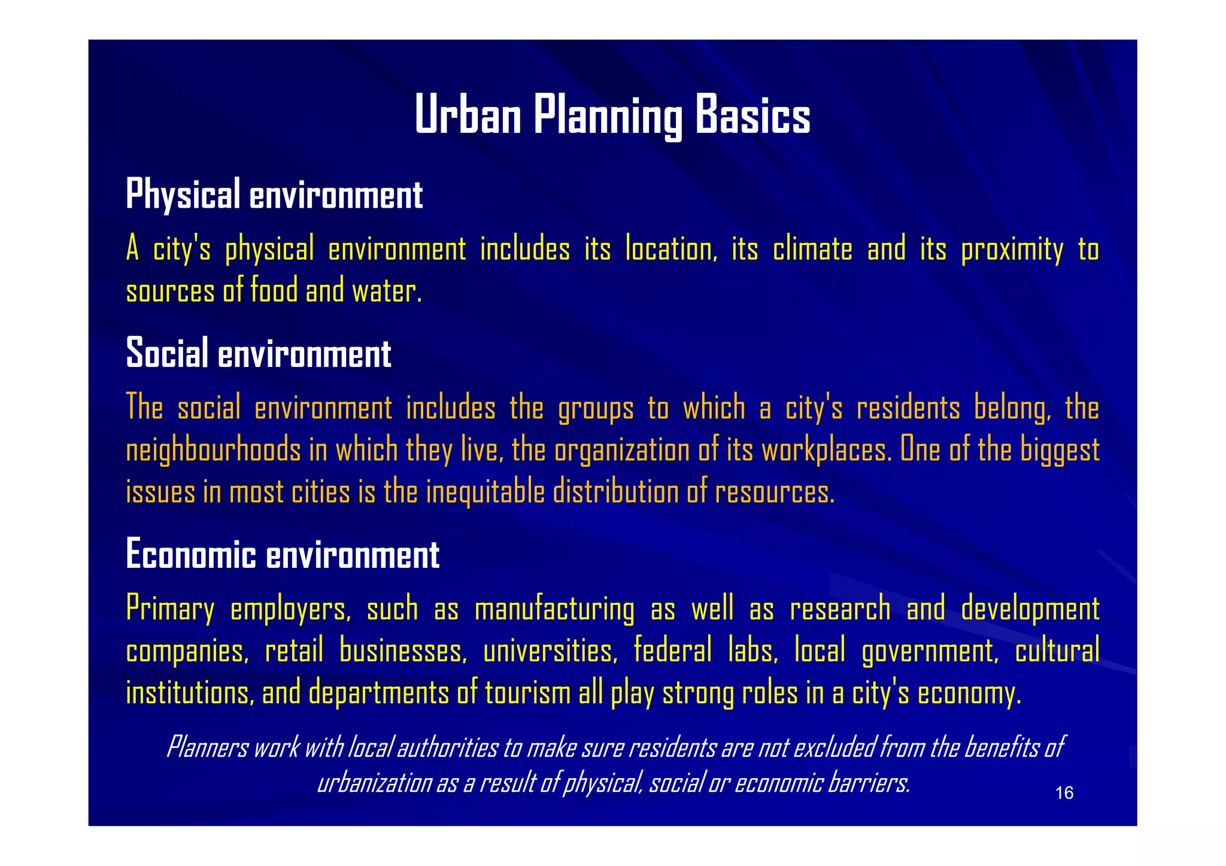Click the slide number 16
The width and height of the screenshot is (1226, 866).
pos(1064,793)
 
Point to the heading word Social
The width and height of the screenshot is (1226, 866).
pos(167,353)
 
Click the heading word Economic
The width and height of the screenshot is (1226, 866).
pos(191,554)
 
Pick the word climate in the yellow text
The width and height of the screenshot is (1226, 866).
pos(812,249)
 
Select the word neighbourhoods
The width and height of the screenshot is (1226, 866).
pos(213,450)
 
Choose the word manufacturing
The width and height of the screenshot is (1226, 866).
pos(554,609)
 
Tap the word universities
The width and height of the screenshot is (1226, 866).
pos(550,651)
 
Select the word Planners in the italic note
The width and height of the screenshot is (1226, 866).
pos(207,747)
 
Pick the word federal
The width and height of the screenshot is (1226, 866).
pos(673,651)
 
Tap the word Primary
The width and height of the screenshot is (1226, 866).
pos(170,609)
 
